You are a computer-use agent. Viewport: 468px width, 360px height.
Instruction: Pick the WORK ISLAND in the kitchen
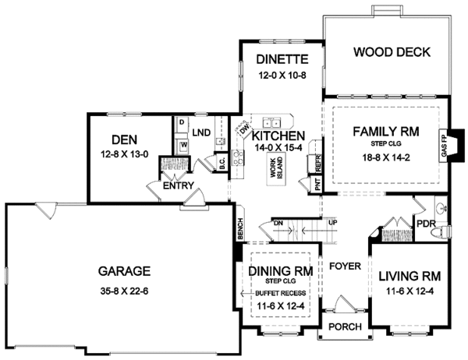(x=275, y=173)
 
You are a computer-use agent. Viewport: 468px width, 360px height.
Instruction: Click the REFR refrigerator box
(x=318, y=161)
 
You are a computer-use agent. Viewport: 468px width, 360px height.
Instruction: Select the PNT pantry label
(x=317, y=185)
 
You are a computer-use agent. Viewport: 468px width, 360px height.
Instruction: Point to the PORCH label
(x=343, y=327)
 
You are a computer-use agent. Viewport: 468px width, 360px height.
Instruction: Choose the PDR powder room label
(x=425, y=224)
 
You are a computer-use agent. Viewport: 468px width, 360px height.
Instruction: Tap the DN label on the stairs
(x=277, y=224)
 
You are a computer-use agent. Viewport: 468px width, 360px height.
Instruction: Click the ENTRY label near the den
(x=173, y=187)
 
